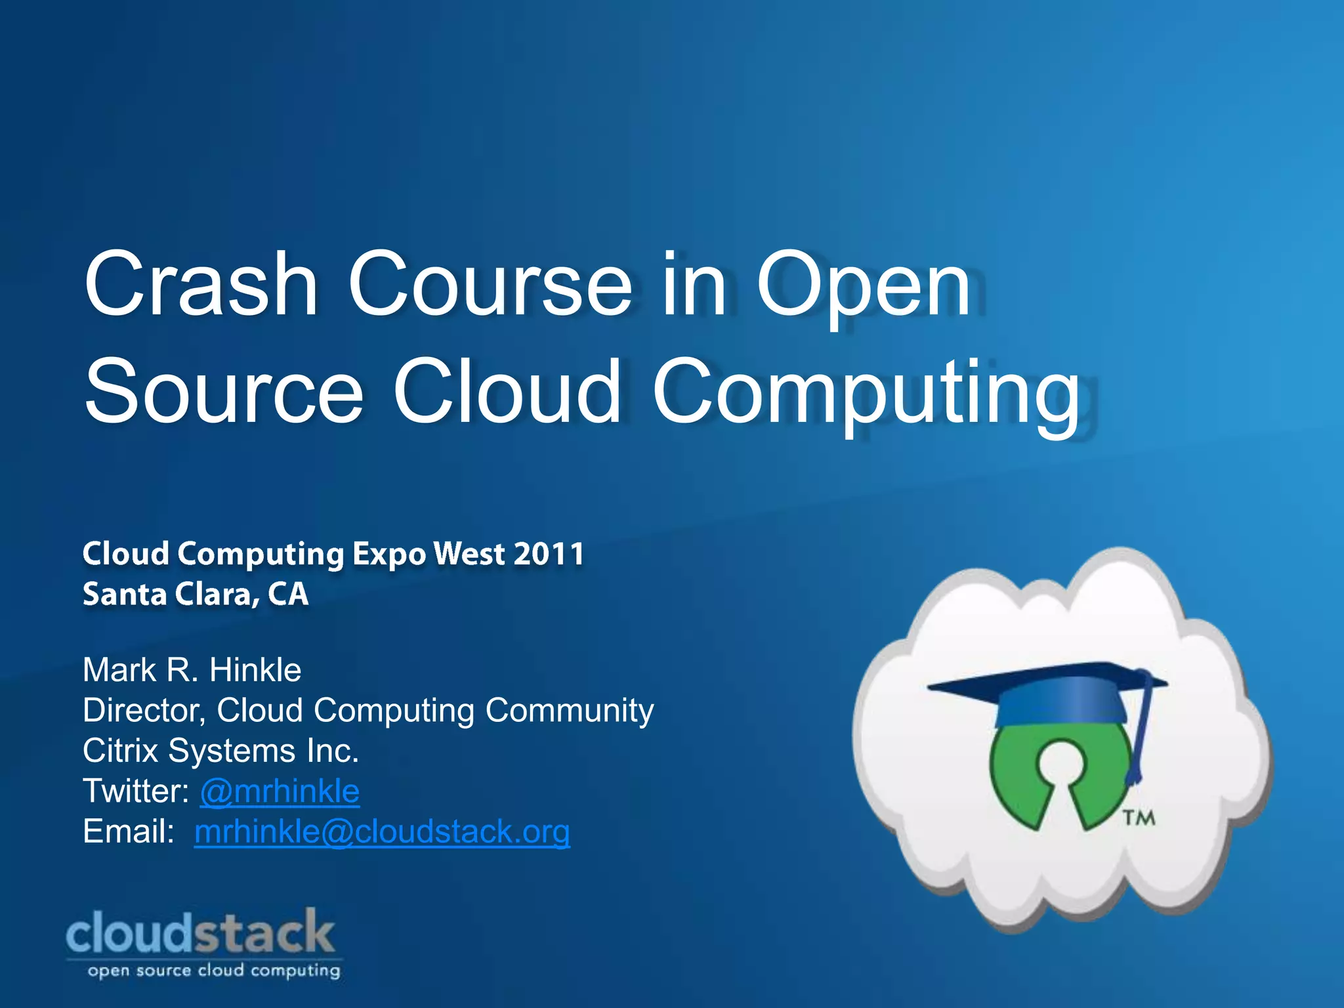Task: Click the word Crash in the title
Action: (x=201, y=285)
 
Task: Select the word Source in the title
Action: (x=223, y=392)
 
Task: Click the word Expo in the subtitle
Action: (x=390, y=555)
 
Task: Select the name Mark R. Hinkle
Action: (x=192, y=671)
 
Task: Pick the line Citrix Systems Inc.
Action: (x=220, y=751)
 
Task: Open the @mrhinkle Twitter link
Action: (x=280, y=791)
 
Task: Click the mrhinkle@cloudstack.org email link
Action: (x=382, y=832)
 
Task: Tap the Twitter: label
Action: (x=136, y=791)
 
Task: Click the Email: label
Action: (x=129, y=832)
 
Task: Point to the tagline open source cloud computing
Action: (x=214, y=971)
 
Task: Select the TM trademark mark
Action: (x=1138, y=818)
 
